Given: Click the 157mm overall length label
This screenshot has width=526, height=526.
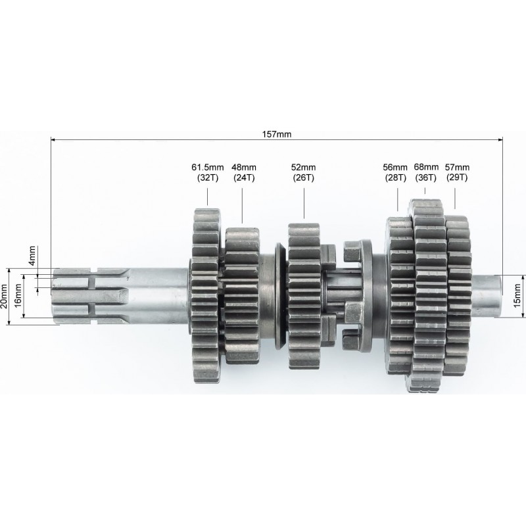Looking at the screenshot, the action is point(277,134).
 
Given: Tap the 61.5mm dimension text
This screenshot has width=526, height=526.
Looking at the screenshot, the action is point(208,167).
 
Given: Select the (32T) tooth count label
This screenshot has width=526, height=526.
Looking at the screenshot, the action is point(208,178).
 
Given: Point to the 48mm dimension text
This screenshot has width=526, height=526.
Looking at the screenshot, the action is point(244,167).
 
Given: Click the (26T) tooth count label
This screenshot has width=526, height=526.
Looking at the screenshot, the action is point(304,178).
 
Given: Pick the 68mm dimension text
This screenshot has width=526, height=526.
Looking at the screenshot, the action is point(426,167).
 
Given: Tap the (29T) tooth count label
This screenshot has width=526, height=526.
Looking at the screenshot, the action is point(457,177).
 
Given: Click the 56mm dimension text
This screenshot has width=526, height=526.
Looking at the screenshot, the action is point(395,167).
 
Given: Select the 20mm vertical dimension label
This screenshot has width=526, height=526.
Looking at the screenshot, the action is point(4,297).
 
